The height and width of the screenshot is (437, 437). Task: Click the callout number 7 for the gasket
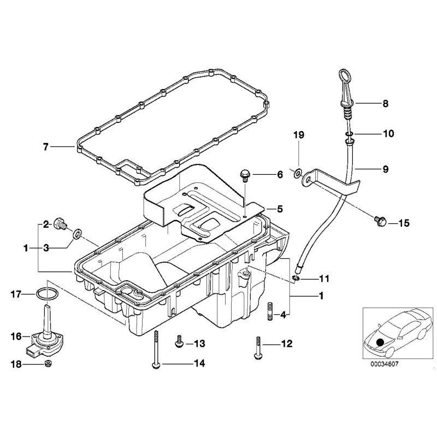tap(46, 146)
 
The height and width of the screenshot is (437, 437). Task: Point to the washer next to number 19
tap(297, 174)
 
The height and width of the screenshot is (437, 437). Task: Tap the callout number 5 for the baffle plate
tap(279, 208)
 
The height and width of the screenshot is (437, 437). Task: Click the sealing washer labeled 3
tap(79, 235)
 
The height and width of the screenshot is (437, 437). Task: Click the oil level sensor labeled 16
tap(44, 333)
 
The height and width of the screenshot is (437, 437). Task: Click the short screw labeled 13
tap(179, 342)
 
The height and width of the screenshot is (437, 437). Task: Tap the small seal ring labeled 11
tap(296, 279)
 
